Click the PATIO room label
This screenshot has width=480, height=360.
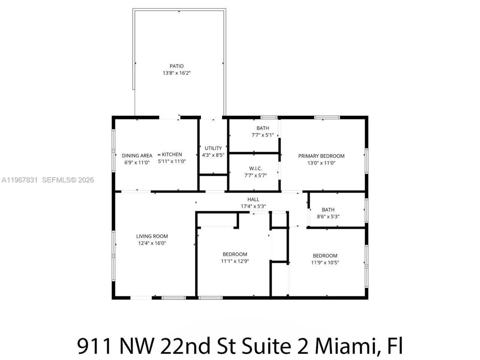[x=177, y=66]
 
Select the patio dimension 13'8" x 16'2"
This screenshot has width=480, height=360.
[x=177, y=73]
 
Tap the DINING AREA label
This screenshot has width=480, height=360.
[x=137, y=156]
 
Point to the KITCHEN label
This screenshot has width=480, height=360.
[x=172, y=154]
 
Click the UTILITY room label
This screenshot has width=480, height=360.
[x=213, y=148]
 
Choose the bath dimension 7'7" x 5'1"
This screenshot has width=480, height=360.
[x=262, y=135]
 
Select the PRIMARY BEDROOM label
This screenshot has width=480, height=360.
[x=321, y=156]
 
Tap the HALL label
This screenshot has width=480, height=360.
[x=253, y=199]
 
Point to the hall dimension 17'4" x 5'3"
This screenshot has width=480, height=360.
[x=253, y=206]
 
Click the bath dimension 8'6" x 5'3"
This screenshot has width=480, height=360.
[x=328, y=216]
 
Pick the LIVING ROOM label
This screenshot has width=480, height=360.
[x=152, y=236]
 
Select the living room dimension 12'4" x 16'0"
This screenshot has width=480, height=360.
[x=152, y=243]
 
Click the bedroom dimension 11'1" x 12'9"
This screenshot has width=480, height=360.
[x=235, y=261]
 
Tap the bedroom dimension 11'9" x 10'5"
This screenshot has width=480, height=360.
[x=325, y=262]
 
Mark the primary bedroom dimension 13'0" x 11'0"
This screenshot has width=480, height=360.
[x=321, y=163]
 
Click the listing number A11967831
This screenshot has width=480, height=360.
[x=19, y=180]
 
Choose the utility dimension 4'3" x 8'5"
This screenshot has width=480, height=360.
[x=213, y=155]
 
